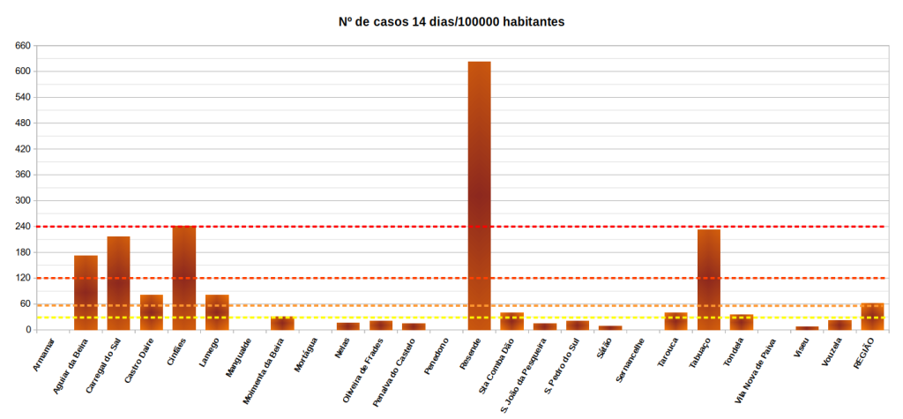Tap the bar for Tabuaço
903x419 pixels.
click(x=709, y=279)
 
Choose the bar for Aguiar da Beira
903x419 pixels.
click(x=86, y=292)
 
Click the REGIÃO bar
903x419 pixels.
click(x=872, y=317)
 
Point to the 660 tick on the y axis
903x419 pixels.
click(x=23, y=45)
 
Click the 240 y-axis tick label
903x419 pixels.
click(x=23, y=227)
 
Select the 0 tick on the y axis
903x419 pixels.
click(x=28, y=330)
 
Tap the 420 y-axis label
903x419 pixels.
click(x=23, y=149)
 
